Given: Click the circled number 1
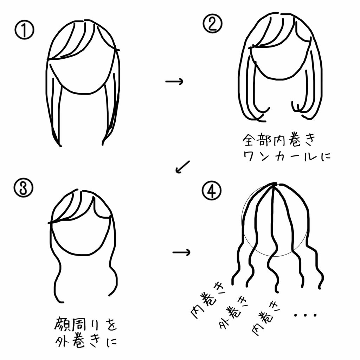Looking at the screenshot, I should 25,30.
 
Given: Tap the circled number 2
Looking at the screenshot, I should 212,24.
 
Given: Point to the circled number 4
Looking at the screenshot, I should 212,190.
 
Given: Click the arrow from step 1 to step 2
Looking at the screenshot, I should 174,82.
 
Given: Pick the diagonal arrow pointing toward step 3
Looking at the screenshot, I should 182,167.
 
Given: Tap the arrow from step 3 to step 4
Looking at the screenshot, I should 181,252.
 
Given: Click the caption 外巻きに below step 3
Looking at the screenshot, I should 86,341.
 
